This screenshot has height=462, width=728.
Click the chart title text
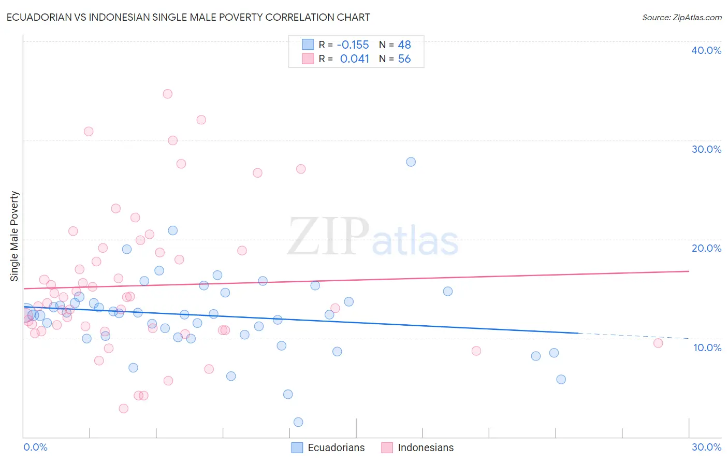point(188,17)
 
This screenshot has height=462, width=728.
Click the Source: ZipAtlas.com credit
point(681,18)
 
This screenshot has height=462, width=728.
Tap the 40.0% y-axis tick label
point(706,50)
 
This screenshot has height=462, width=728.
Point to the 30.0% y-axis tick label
point(706,149)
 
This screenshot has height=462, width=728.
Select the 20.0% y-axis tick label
point(706,248)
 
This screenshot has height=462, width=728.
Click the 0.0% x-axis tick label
point(35,447)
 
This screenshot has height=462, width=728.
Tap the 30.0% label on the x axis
point(706,447)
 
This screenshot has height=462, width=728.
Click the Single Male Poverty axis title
point(14,236)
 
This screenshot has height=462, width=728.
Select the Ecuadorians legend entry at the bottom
point(336,447)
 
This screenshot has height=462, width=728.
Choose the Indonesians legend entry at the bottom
point(425,447)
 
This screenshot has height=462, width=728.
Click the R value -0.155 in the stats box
point(353,45)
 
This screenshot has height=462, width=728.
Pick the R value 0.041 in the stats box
point(355,59)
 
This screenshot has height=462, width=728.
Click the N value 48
point(404,45)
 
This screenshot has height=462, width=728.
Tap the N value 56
point(404,59)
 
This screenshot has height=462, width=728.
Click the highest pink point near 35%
point(167,94)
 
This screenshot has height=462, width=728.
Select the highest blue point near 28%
point(411,162)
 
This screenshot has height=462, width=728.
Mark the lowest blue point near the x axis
point(298,422)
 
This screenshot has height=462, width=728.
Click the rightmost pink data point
point(658,343)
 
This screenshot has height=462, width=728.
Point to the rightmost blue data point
point(561,379)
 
